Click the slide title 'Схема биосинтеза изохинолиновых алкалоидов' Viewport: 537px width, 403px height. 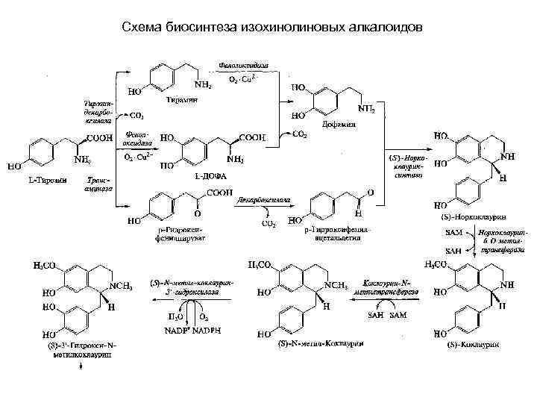[x=271, y=27]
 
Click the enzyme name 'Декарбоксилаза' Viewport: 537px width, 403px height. [x=262, y=200]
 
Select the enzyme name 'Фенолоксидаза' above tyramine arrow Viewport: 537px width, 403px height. [x=244, y=66]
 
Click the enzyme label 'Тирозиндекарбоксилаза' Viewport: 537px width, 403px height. [x=96, y=110]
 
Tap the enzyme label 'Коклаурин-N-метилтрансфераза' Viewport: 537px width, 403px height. [x=390, y=288]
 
